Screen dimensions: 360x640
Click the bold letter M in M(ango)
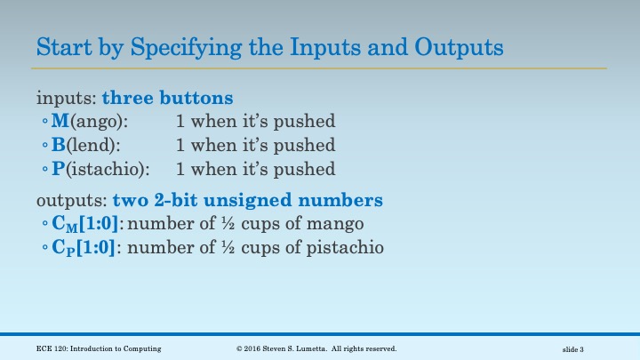60,121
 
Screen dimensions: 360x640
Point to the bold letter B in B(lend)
59,145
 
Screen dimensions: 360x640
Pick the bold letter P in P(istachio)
58,169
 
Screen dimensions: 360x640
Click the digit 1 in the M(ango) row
180,121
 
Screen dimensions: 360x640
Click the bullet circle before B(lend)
44,146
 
